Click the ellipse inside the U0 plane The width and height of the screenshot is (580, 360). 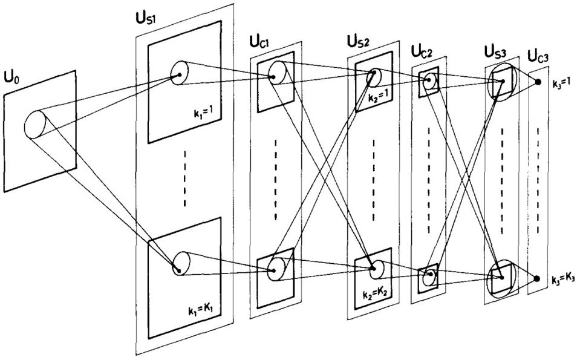coord(34,123)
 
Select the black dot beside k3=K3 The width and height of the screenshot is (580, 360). coord(537,279)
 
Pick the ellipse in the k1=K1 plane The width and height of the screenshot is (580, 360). coord(181,264)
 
